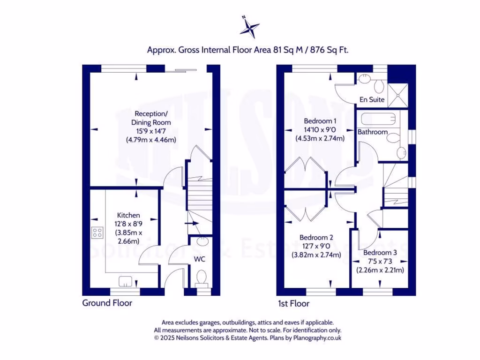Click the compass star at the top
tap(249, 27)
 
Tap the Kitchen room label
tap(128, 215)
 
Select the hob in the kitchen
tap(98, 232)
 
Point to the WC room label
tap(200, 259)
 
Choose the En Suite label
tap(372, 99)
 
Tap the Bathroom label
tap(373, 132)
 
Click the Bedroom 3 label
tap(380, 253)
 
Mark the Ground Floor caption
tap(107, 303)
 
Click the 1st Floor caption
tap(293, 303)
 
